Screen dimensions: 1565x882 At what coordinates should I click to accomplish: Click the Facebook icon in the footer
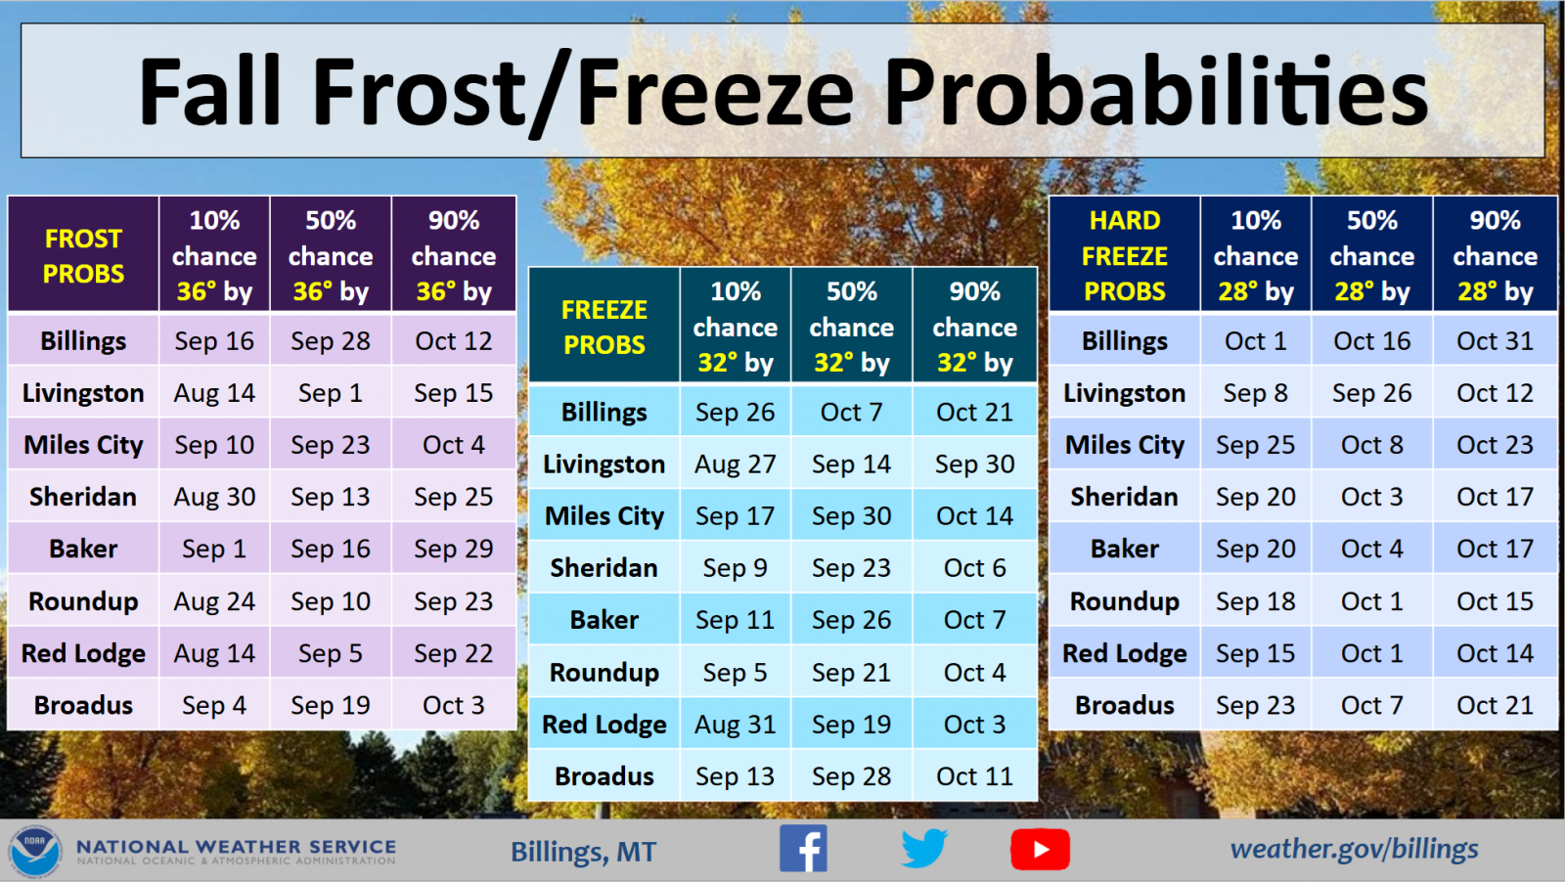[803, 849]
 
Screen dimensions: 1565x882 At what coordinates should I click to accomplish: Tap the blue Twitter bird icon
[924, 849]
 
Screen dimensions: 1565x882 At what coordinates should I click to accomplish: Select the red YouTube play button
[1040, 849]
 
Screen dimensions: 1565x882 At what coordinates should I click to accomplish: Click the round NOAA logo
[35, 852]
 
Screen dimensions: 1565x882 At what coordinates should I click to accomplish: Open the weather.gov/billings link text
[1354, 849]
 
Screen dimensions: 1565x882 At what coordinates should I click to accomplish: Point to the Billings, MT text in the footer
[583, 852]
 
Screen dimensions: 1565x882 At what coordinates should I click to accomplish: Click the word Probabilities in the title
[1155, 92]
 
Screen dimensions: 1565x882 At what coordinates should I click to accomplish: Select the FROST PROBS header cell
[83, 254]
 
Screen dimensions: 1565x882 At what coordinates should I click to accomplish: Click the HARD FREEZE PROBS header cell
[1124, 254]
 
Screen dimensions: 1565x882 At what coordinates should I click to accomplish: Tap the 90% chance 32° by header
[974, 326]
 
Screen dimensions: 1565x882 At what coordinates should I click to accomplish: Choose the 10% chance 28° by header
[1256, 254]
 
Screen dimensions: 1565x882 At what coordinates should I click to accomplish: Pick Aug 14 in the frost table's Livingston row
[214, 392]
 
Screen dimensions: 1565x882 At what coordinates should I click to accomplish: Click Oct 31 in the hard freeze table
[1495, 341]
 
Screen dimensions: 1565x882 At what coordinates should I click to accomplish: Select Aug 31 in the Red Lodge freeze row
[735, 725]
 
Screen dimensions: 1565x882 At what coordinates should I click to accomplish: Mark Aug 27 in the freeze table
[735, 463]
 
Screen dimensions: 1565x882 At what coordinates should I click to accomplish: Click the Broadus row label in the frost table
[83, 705]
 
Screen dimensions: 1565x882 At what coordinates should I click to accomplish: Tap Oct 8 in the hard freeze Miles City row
[1371, 445]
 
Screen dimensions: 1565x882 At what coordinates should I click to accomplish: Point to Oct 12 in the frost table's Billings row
[454, 341]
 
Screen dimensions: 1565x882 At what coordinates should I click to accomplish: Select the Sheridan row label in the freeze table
[604, 568]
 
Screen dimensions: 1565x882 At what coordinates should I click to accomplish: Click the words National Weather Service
[236, 847]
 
